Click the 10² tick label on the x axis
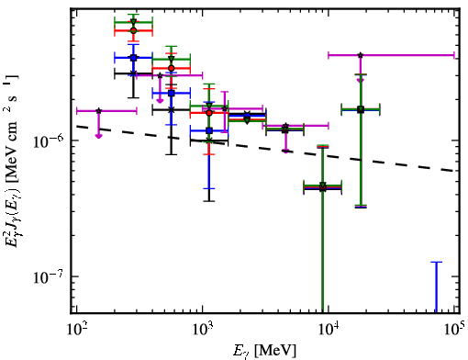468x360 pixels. tap(77, 330)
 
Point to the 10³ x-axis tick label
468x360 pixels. tap(203, 330)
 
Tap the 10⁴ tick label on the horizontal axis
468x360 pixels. tap(329, 330)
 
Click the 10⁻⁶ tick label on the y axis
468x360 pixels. tap(48, 141)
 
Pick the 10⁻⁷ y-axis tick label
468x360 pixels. tap(48, 277)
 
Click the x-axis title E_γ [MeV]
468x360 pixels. tap(264, 351)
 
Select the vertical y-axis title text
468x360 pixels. tap(12, 161)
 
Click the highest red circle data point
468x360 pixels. tap(133, 30)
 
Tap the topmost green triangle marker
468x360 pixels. tap(133, 22)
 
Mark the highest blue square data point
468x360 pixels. tap(133, 58)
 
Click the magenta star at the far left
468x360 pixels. tap(99, 111)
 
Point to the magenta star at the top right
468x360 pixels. tap(361, 55)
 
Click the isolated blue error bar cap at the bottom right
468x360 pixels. tap(437, 262)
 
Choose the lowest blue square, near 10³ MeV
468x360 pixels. tap(209, 130)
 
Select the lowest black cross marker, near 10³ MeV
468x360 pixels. tap(209, 141)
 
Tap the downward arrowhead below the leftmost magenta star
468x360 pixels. tap(98, 136)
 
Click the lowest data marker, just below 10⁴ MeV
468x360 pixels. tap(323, 188)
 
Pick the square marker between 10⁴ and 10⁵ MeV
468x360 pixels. tap(361, 109)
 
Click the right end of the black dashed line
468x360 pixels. tap(454, 171)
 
